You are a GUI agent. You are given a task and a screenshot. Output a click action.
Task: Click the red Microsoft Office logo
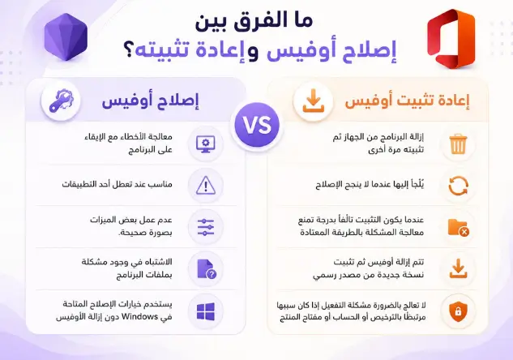tap(451, 39)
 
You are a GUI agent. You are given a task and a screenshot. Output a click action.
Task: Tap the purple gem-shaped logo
tap(66, 37)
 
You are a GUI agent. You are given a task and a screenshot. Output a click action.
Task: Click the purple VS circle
tap(257, 125)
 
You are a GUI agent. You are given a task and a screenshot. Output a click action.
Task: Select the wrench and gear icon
tap(61, 101)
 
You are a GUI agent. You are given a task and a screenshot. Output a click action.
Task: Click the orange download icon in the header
tap(313, 101)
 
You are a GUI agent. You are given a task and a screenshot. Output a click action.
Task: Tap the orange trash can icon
tap(458, 144)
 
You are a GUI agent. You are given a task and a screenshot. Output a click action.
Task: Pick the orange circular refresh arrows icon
tap(458, 186)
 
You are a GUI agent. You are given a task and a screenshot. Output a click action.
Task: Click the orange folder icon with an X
tap(458, 228)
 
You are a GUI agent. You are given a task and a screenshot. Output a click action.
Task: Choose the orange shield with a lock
tap(458, 311)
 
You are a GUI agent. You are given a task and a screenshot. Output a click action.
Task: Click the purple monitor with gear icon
tap(206, 144)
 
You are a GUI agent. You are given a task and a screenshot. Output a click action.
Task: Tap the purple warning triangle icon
tap(206, 185)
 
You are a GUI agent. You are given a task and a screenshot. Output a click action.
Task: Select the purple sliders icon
tap(206, 227)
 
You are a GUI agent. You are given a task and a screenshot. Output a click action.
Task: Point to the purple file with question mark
tap(207, 269)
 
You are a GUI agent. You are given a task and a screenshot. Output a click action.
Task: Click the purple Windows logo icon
tap(206, 311)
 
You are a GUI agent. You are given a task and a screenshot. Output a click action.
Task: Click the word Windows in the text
tap(140, 317)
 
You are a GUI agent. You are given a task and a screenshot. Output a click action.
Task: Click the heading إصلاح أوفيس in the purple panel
tap(150, 101)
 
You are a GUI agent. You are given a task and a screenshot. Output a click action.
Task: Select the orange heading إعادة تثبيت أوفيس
tap(407, 101)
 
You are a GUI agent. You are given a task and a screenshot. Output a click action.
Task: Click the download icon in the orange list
tap(458, 268)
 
